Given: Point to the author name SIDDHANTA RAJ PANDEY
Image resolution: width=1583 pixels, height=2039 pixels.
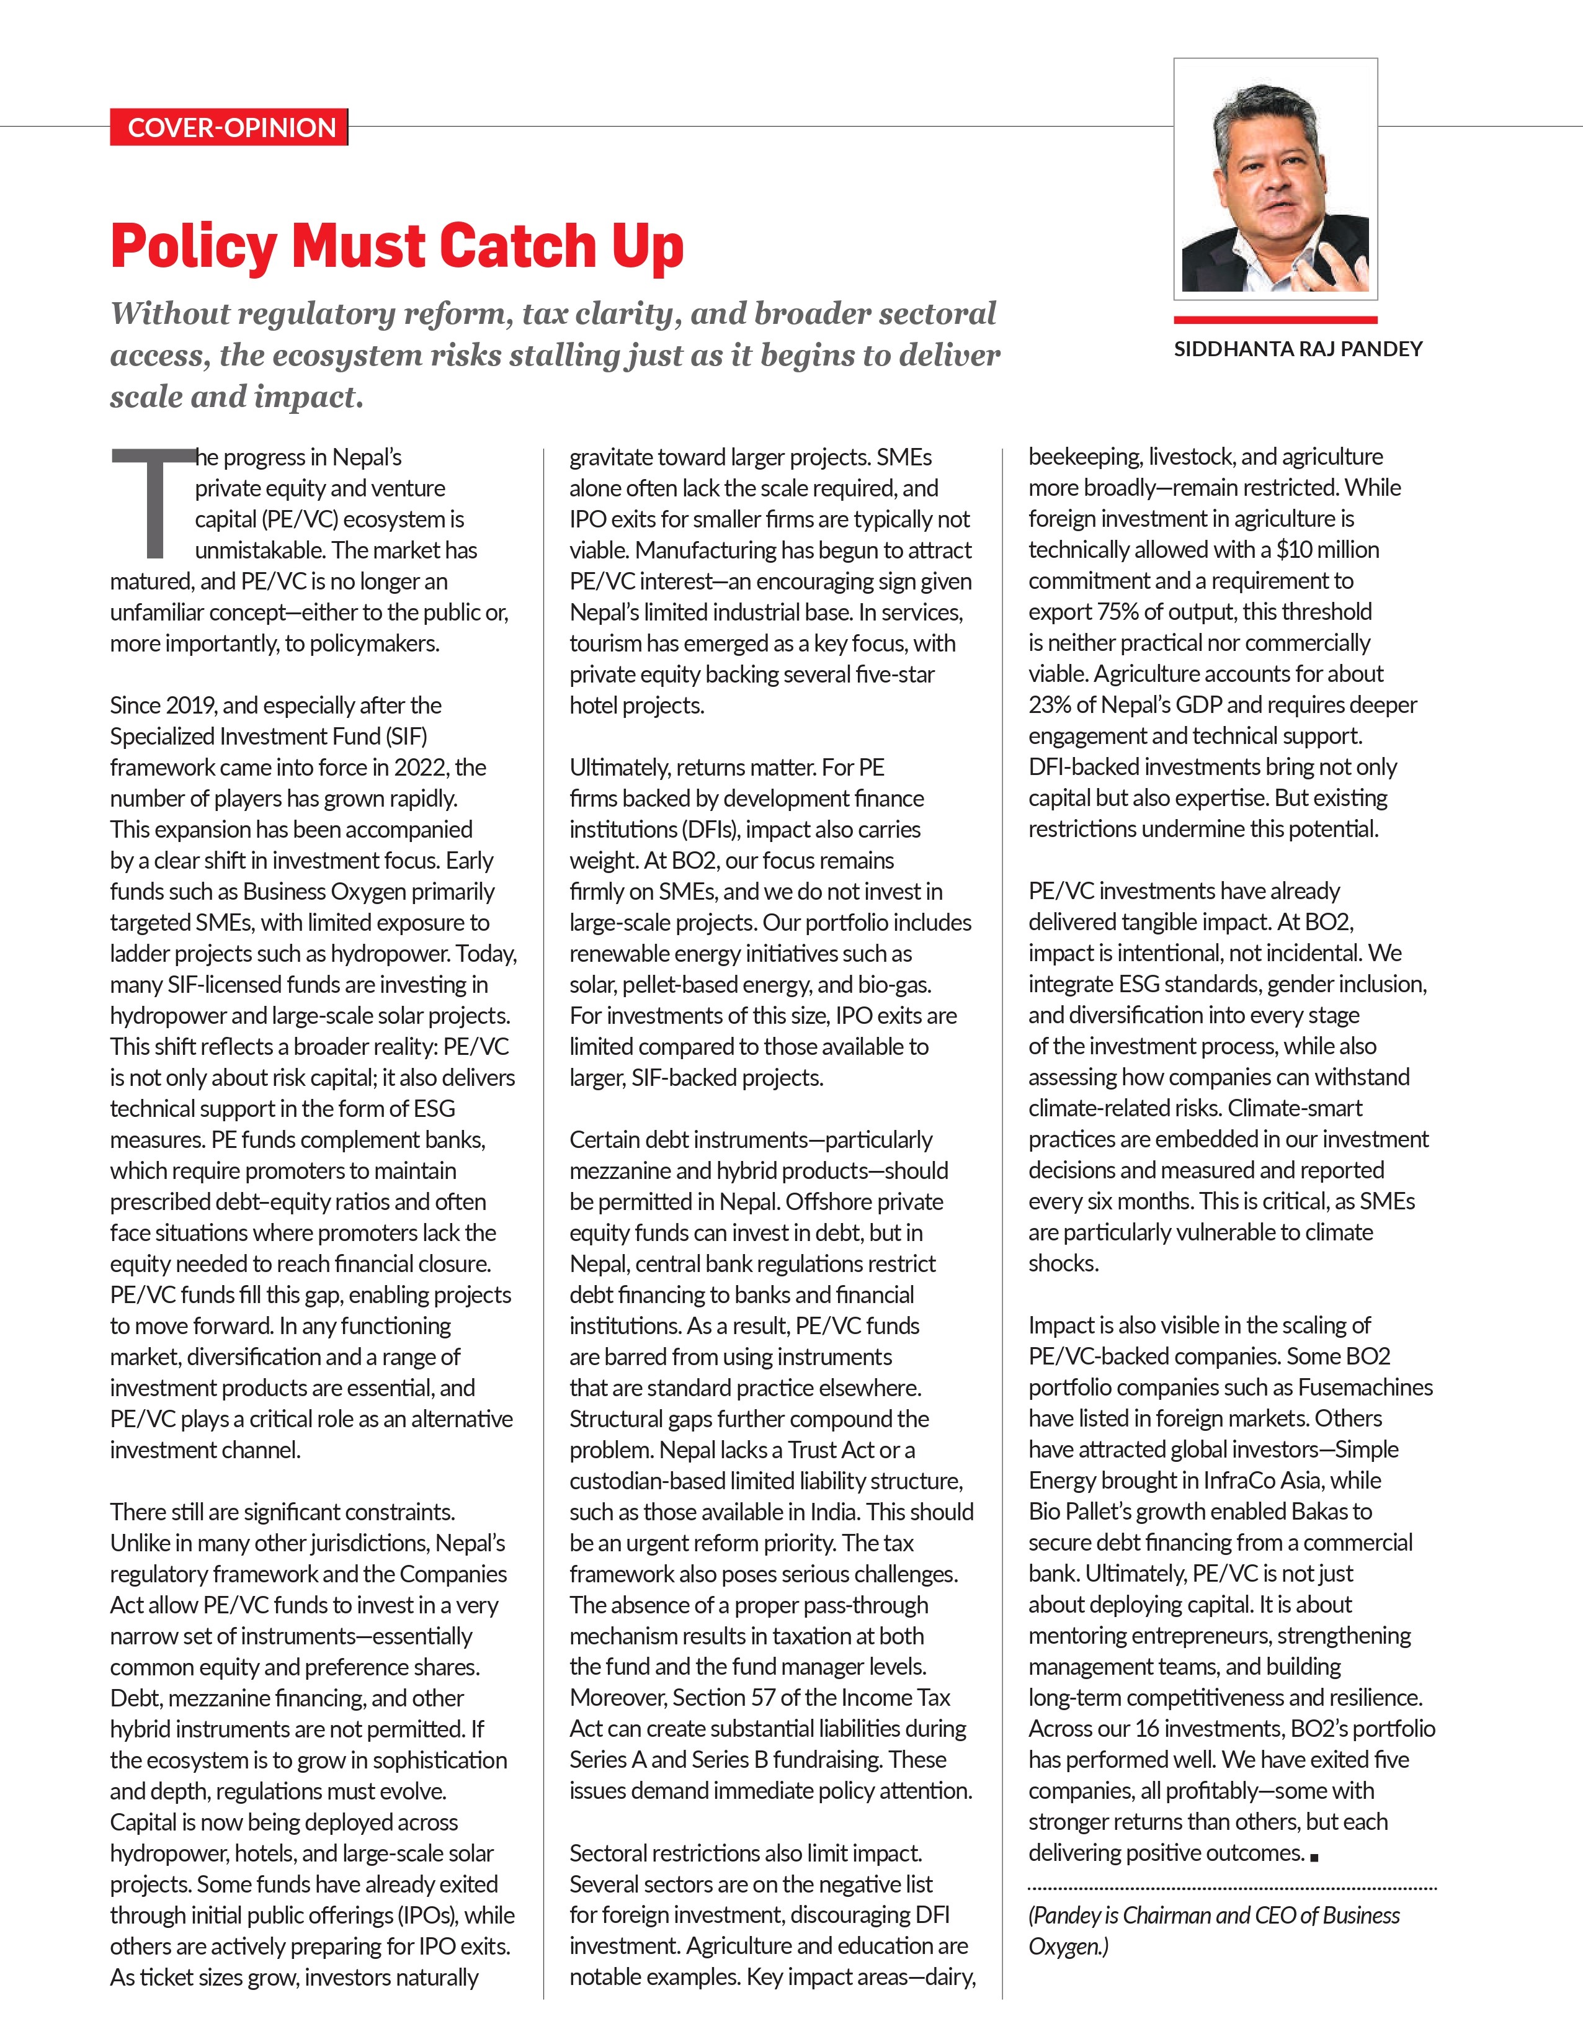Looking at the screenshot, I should click(1298, 349).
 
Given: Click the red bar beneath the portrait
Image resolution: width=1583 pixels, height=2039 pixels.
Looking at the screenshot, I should click(1275, 320).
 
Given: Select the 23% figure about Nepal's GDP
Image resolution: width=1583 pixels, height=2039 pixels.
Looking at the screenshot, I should click(1051, 705).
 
